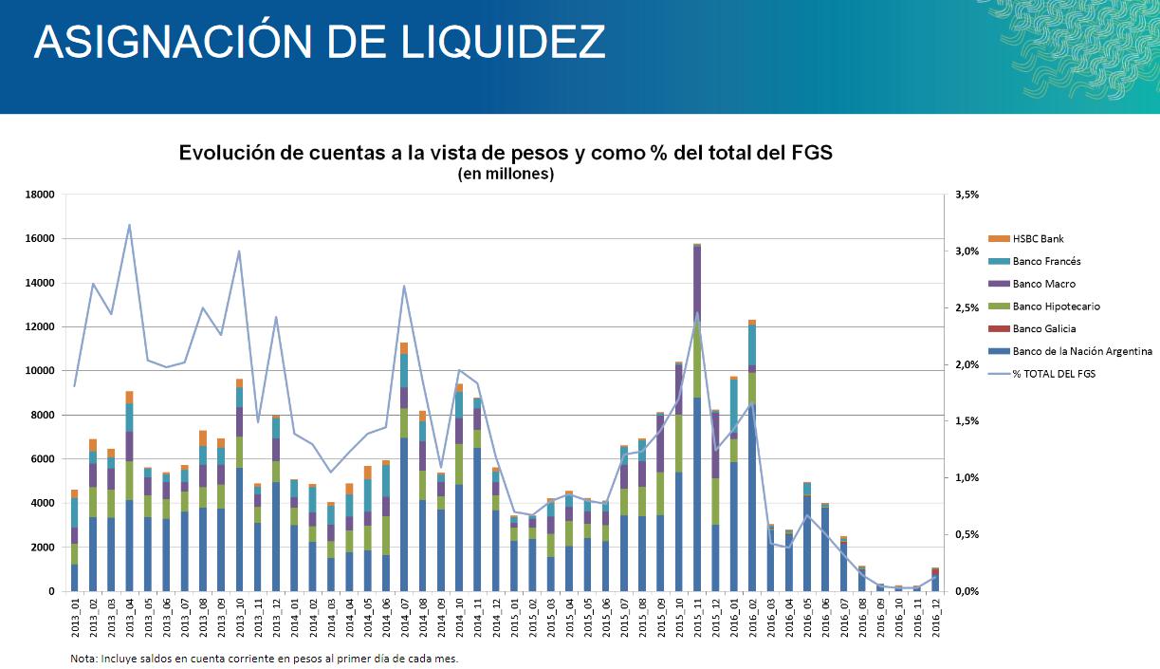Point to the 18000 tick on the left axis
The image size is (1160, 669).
[39, 195]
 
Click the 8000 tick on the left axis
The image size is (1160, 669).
[42, 416]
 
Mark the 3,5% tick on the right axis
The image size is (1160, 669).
[964, 195]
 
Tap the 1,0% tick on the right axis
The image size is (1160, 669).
[964, 478]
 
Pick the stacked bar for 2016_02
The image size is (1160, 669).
[752, 455]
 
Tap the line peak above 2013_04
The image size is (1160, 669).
[130, 225]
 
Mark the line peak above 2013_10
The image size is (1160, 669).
[239, 251]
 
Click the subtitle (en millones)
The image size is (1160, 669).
[506, 175]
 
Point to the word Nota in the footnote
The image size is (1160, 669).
[83, 659]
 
